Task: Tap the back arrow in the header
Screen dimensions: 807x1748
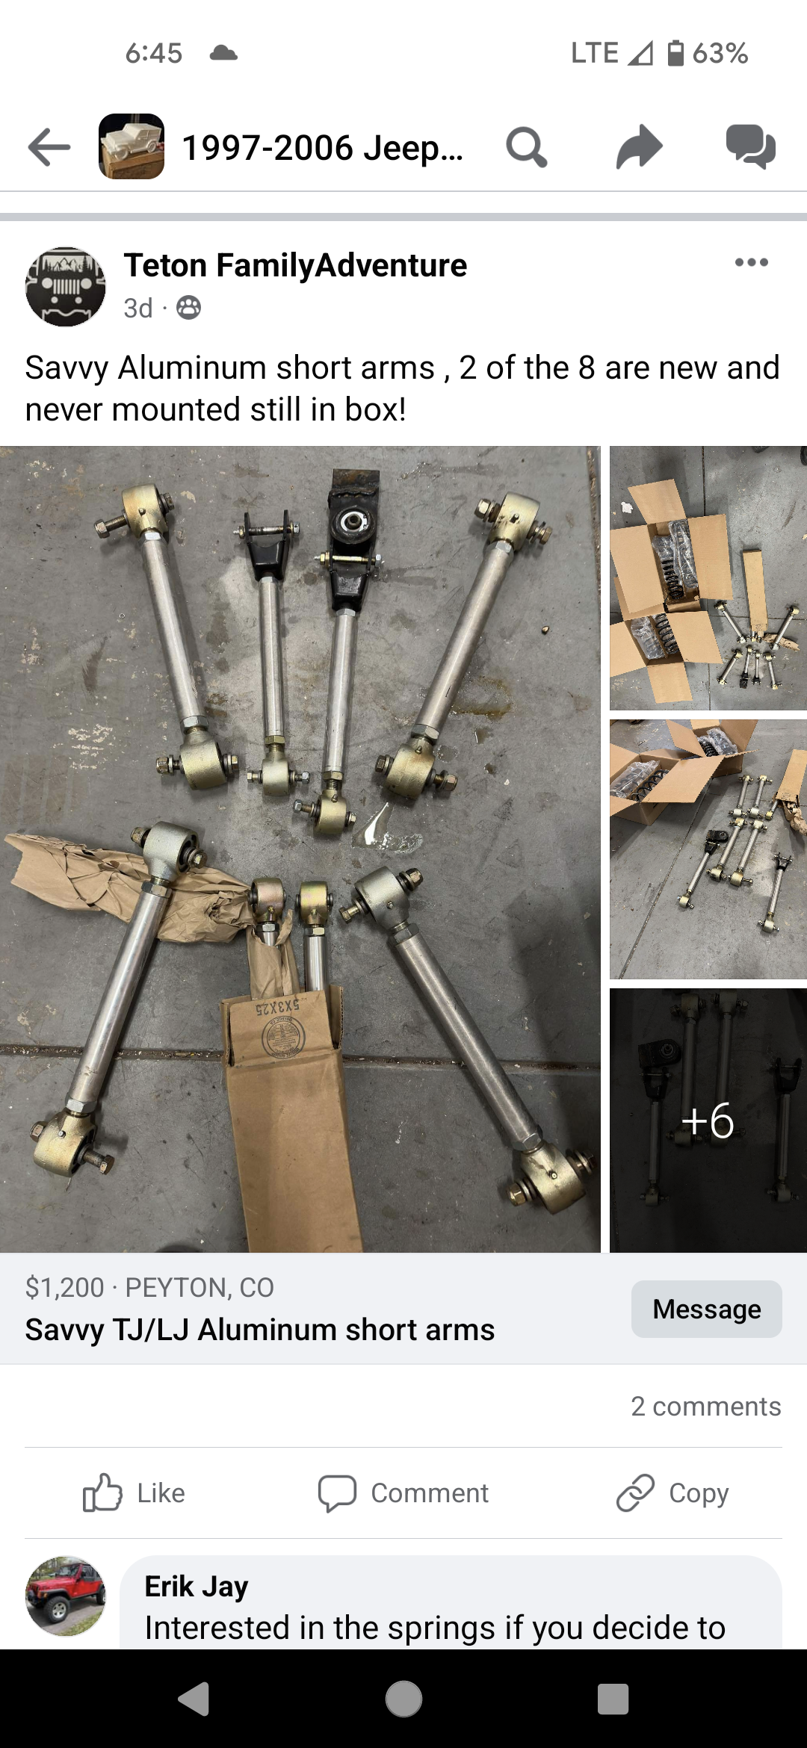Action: click(49, 146)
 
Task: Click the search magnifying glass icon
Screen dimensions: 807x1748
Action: click(527, 147)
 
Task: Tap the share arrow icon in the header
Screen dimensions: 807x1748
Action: click(640, 146)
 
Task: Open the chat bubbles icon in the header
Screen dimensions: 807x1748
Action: click(751, 146)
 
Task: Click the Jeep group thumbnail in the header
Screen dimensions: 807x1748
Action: click(132, 146)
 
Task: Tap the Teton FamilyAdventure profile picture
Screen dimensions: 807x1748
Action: click(66, 287)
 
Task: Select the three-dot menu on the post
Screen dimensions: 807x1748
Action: click(751, 262)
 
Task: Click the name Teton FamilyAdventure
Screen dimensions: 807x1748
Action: click(295, 265)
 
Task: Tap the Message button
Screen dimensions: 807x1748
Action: click(707, 1309)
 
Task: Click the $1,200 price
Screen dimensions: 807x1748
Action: click(64, 1287)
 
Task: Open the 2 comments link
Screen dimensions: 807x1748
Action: click(706, 1406)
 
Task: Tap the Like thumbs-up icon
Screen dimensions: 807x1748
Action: click(102, 1493)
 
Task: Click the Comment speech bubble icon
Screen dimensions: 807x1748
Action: click(337, 1493)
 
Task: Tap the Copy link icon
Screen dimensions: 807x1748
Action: click(635, 1493)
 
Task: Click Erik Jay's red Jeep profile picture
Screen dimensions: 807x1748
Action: click(66, 1596)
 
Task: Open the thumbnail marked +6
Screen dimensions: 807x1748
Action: click(708, 1120)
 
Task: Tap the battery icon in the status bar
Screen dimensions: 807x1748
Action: click(675, 53)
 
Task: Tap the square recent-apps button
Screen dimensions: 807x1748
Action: click(613, 1699)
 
